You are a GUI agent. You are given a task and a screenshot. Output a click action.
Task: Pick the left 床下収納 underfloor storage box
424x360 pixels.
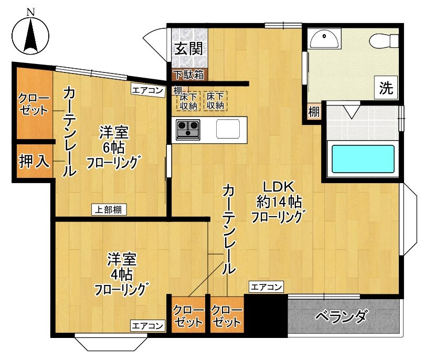coord(188,101)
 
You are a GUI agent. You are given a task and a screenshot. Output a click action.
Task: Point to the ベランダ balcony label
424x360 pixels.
coord(342,317)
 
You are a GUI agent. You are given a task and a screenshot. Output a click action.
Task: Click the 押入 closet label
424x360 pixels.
coord(35,161)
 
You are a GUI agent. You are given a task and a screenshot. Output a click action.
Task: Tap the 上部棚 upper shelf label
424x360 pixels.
coord(110,210)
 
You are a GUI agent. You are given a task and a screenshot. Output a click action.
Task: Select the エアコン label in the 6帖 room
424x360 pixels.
coord(147,90)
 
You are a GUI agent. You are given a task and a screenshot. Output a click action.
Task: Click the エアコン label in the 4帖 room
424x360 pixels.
coord(147,325)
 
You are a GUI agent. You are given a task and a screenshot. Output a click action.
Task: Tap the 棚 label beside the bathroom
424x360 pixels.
coord(313,111)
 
